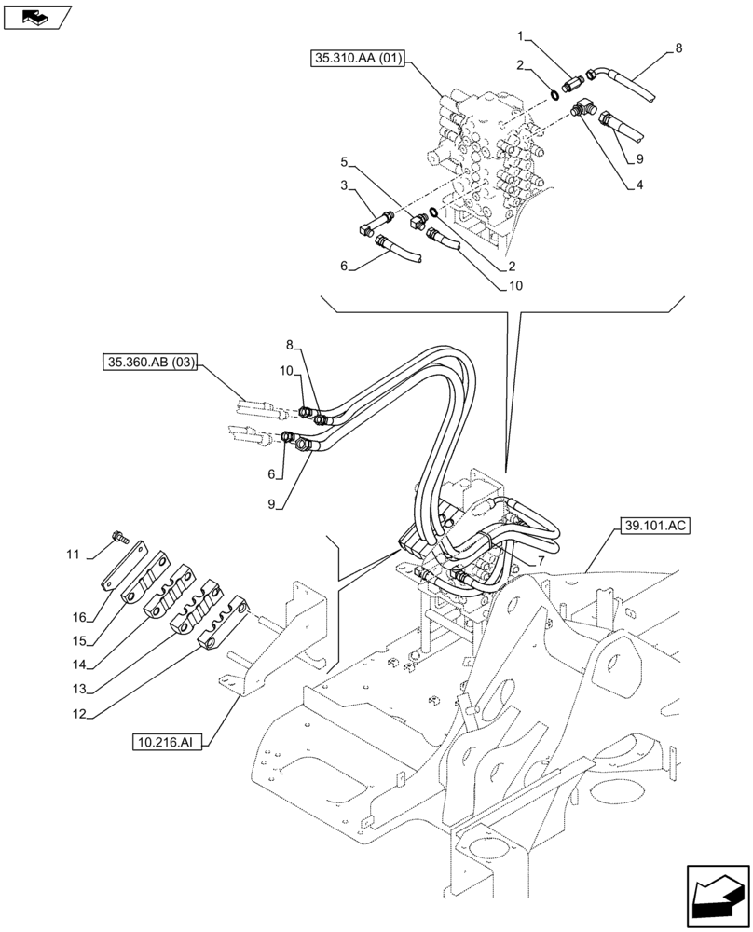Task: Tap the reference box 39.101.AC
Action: [x=652, y=527]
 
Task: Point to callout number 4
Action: [x=640, y=185]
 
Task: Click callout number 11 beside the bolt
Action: [x=72, y=555]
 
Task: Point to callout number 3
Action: [x=343, y=186]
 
